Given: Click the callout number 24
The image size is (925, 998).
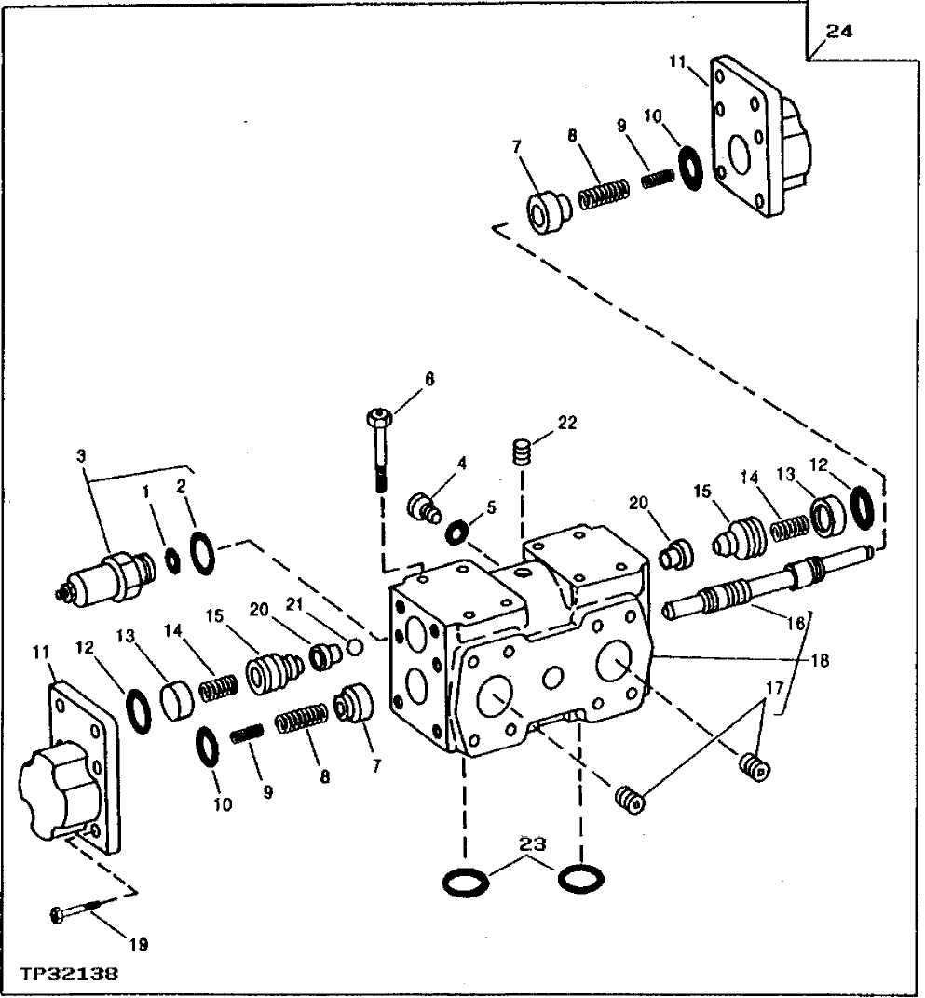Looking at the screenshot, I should tap(838, 32).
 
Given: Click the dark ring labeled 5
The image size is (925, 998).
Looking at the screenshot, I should tap(457, 533).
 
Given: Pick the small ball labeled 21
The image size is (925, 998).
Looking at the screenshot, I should tap(353, 645).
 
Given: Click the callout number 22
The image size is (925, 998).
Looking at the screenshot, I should tap(566, 423).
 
